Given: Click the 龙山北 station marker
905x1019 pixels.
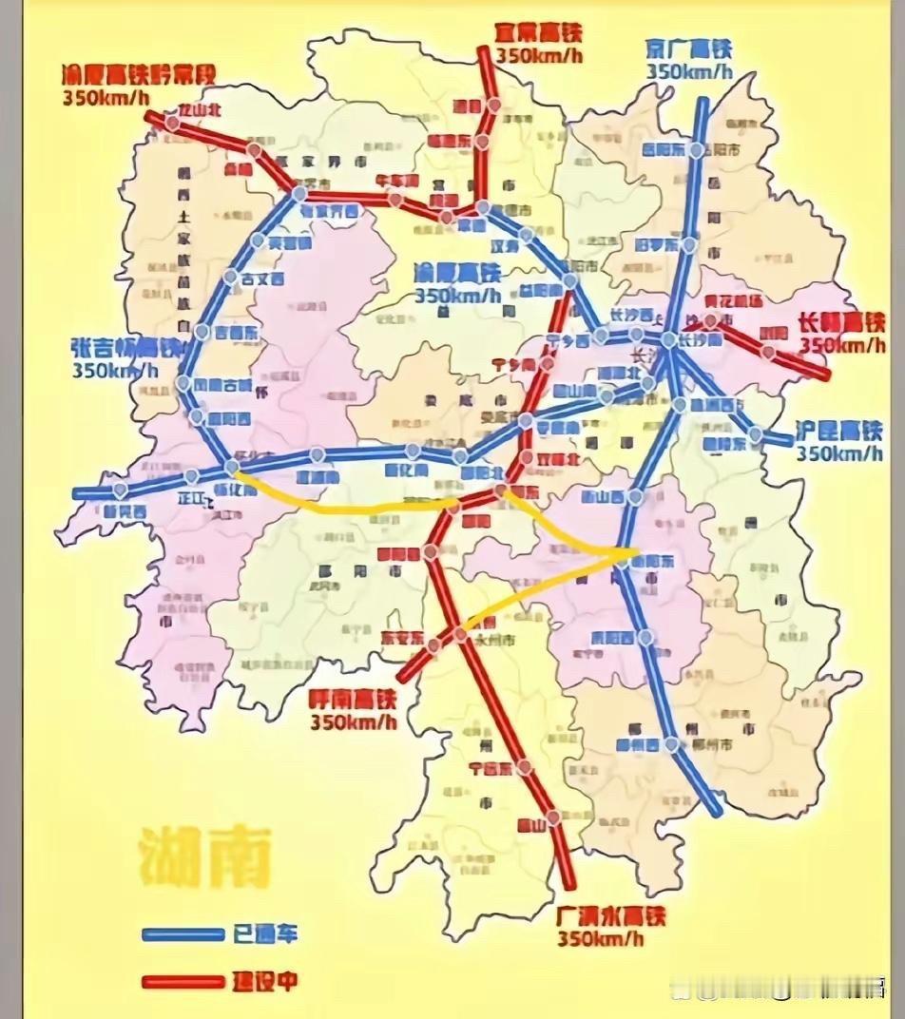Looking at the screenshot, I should (x=172, y=123).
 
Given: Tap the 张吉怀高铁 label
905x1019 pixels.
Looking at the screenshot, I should (x=124, y=349).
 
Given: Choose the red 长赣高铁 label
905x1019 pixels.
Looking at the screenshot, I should (x=841, y=323).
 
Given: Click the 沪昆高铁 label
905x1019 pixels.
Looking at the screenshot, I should (x=839, y=431).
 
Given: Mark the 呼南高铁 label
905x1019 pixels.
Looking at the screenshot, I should (x=353, y=700).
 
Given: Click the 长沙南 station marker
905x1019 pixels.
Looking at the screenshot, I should (x=669, y=340).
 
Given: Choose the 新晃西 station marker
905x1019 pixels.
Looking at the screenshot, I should (x=121, y=490).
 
